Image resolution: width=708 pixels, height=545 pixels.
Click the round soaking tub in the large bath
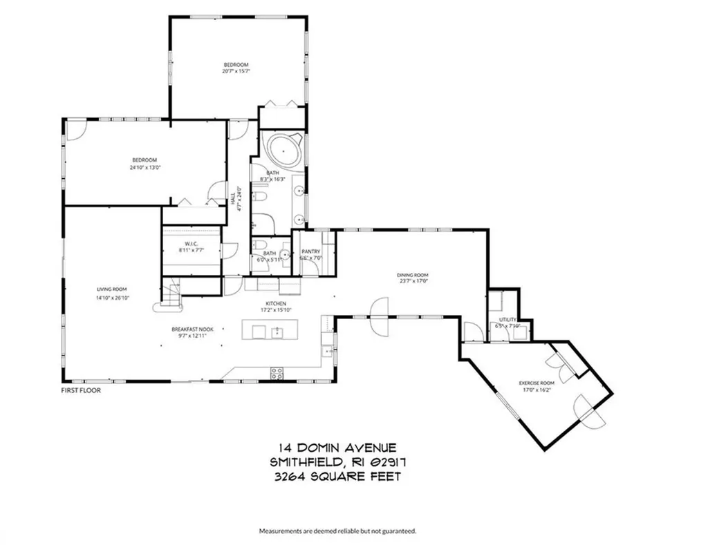(x=282, y=150)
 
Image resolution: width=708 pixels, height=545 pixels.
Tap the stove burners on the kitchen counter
(x=277, y=373)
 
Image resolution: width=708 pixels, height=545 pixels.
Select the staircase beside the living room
(x=171, y=293)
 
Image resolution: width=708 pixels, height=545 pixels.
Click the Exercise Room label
(x=537, y=383)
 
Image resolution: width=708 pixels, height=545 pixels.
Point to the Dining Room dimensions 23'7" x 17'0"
(x=413, y=281)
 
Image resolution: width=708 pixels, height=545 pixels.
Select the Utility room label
(x=499, y=320)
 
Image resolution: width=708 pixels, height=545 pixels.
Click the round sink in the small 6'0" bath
(x=283, y=254)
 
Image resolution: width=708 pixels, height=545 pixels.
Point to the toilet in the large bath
(x=261, y=198)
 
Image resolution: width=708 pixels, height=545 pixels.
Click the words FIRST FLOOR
(x=81, y=390)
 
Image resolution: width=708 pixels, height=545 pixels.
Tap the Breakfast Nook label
(x=193, y=329)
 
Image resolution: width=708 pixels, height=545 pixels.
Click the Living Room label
(x=111, y=289)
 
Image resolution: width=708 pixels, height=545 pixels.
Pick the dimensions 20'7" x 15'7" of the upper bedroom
(x=236, y=71)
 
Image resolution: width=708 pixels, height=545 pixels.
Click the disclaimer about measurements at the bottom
(x=337, y=531)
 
